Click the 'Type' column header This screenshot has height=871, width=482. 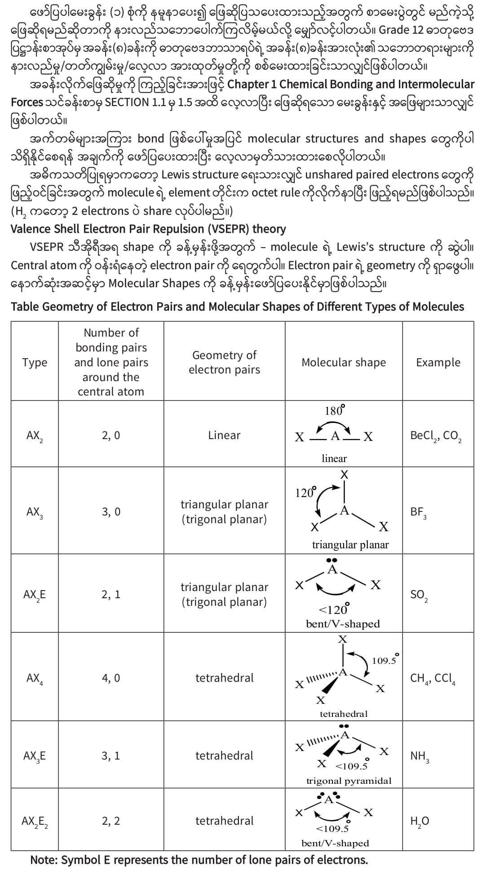[x=35, y=362]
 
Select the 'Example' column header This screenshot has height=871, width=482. [x=438, y=362]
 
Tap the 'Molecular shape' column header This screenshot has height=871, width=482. [x=344, y=362]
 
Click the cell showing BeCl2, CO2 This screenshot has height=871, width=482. [x=436, y=436]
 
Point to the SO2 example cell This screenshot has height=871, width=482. [x=419, y=595]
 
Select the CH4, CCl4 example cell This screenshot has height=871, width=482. [x=433, y=678]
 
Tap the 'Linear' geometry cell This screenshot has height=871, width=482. [x=224, y=435]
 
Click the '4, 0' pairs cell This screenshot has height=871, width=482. [x=111, y=678]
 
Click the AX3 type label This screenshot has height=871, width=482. [x=35, y=512]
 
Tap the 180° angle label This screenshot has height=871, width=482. [x=335, y=410]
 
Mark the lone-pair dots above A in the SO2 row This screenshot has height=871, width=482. [x=332, y=560]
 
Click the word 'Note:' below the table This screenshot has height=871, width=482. [x=44, y=860]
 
